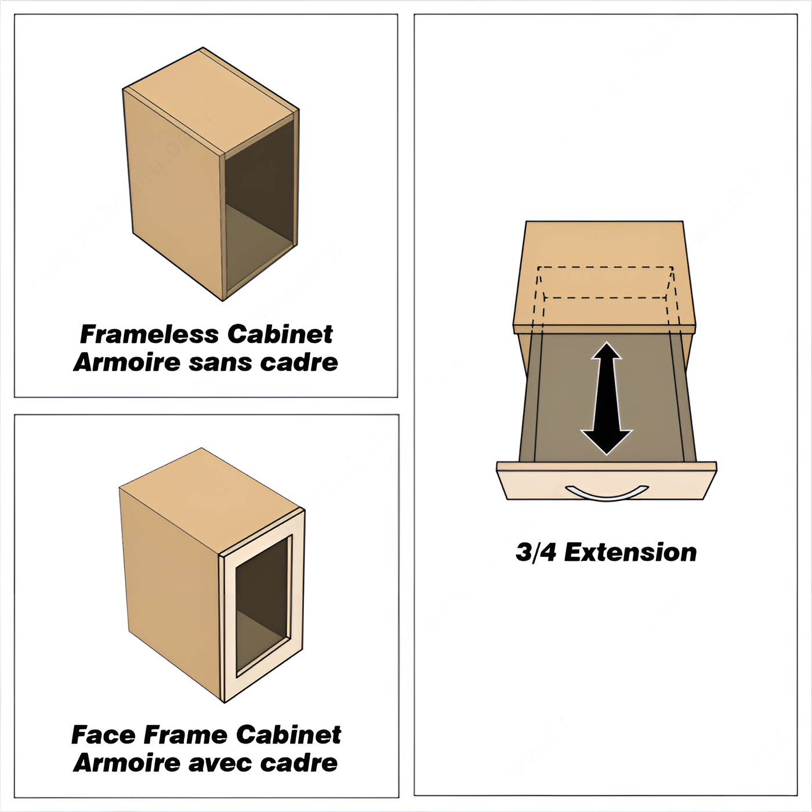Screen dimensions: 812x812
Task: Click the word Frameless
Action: (149, 335)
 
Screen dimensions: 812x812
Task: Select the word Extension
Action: (630, 552)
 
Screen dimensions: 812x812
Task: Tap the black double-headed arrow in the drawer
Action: (606, 398)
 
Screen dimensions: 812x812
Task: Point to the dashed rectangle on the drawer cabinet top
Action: (605, 282)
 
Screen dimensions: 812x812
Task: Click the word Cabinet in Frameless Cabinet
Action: (280, 335)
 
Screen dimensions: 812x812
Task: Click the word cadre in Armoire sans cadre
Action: (299, 363)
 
